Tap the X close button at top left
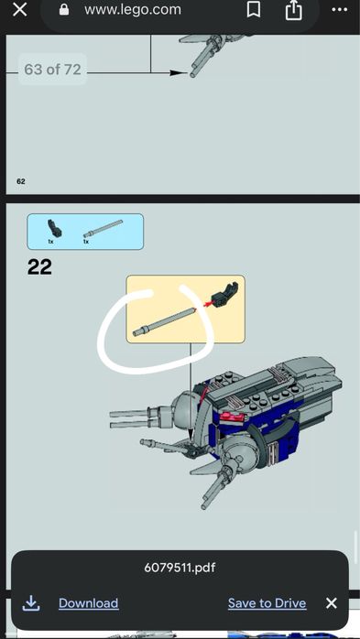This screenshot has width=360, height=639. point(19,10)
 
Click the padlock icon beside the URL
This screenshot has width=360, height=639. point(64,10)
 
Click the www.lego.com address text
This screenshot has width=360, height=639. point(132,10)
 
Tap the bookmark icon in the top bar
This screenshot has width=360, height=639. point(253,10)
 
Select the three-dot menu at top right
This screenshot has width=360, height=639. point(337,10)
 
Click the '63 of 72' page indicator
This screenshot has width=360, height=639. point(52,70)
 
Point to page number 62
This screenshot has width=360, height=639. point(20,181)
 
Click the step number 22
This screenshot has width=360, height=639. point(39,267)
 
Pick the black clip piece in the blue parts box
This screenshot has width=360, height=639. point(52,227)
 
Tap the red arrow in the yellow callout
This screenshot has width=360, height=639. point(203,305)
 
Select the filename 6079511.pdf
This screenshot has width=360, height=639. point(180,568)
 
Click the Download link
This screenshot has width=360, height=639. point(88,603)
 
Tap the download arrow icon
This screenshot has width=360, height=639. point(31,602)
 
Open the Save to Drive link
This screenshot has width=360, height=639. point(267,603)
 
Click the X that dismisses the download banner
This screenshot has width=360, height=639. point(331,603)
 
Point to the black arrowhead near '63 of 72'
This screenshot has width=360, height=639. point(179,71)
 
